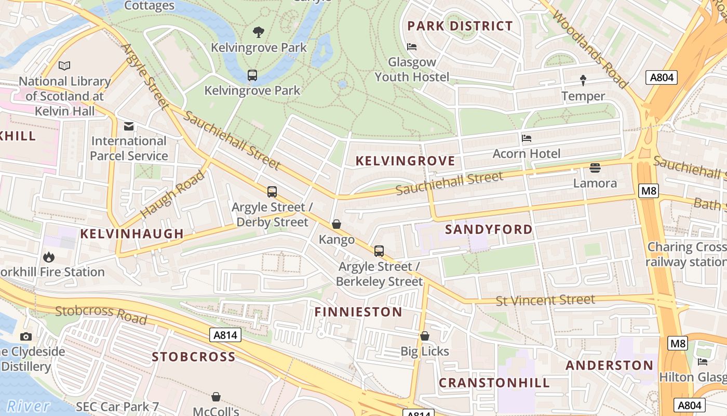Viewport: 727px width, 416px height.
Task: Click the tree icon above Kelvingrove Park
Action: (x=258, y=32)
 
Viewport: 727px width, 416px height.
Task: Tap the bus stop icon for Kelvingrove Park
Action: (x=252, y=75)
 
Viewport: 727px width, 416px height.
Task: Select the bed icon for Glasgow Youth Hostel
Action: (x=412, y=47)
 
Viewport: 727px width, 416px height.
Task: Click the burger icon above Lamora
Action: (x=595, y=168)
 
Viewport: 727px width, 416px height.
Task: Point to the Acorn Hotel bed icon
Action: (x=527, y=138)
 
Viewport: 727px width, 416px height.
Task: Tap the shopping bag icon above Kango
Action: (x=336, y=224)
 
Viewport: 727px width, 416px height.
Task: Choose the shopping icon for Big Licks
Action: (x=425, y=336)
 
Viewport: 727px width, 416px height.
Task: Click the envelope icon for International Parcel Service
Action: (x=129, y=126)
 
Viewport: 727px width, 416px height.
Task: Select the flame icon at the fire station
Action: (x=49, y=257)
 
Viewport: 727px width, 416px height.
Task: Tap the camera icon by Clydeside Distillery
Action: (x=26, y=336)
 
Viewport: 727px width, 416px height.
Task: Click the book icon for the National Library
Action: (x=64, y=66)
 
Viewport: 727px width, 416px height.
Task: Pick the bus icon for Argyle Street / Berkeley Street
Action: (x=379, y=251)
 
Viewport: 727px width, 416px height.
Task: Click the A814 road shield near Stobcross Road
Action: (x=226, y=335)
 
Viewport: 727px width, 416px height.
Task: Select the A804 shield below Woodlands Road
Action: (x=662, y=78)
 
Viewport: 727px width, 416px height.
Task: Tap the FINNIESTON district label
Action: (x=358, y=312)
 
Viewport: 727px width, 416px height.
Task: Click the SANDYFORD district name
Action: (x=489, y=229)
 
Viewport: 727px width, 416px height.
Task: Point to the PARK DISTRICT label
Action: (x=460, y=26)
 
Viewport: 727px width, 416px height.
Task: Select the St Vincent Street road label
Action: (x=545, y=300)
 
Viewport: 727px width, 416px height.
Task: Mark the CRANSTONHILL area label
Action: (x=494, y=383)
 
